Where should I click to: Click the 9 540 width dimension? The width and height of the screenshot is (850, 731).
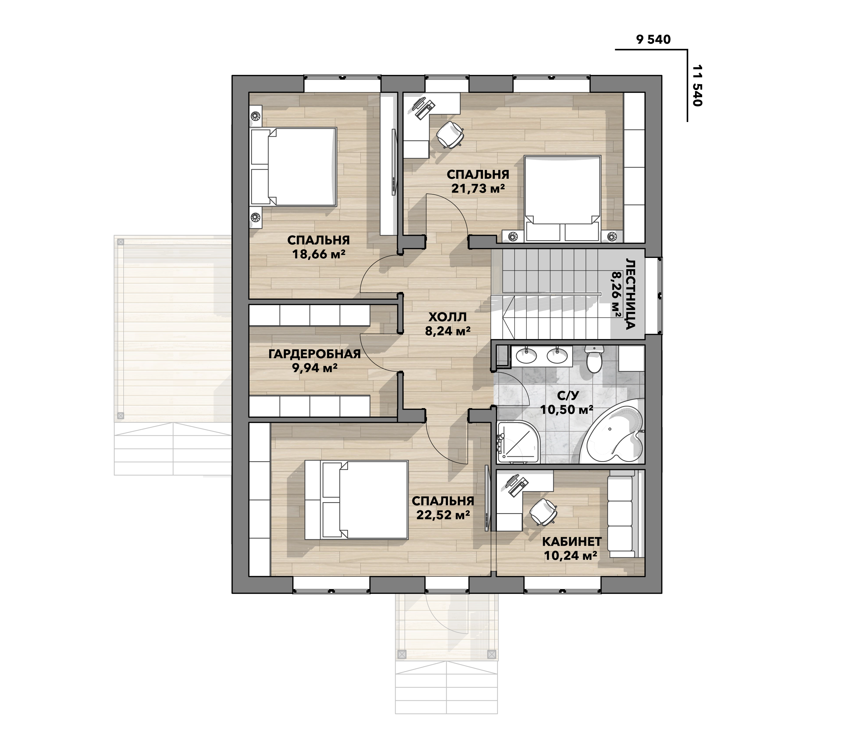pos(653,39)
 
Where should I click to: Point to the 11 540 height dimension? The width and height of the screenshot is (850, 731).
pos(697,86)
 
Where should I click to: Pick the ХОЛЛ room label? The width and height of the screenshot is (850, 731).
pos(448,317)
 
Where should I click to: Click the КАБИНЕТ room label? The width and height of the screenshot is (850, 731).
pos(572,541)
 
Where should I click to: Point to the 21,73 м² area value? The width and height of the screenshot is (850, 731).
pos(478,188)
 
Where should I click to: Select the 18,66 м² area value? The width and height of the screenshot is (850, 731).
pos(319,254)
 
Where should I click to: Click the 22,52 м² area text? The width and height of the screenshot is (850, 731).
pos(443,515)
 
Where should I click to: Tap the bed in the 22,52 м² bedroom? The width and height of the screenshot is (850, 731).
pos(357,500)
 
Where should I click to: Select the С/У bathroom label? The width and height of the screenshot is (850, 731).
pos(568,396)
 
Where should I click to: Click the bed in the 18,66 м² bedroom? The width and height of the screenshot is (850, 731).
pos(293,167)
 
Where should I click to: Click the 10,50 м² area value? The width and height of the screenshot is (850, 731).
pos(567,410)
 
